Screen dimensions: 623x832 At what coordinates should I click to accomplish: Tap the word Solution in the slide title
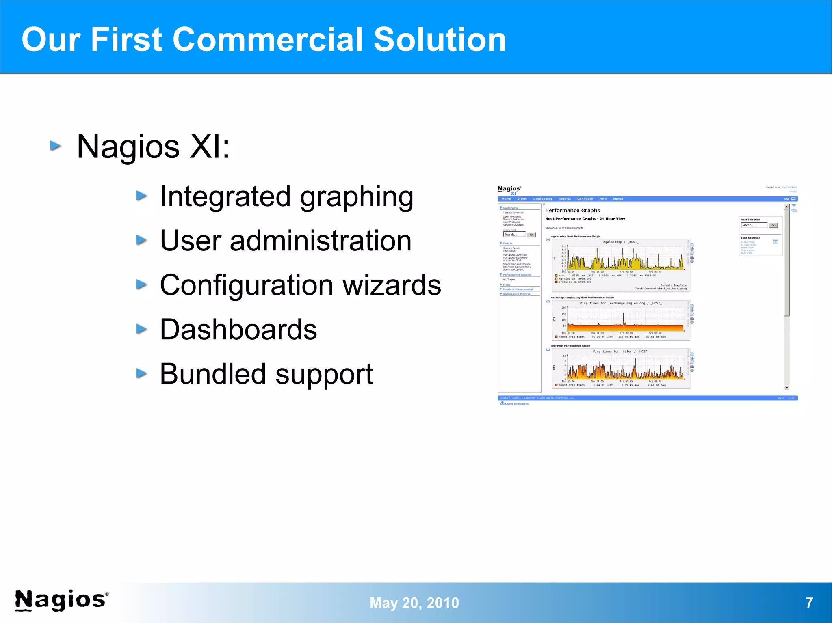(x=440, y=39)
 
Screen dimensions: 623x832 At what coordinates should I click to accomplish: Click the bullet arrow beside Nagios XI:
(x=56, y=146)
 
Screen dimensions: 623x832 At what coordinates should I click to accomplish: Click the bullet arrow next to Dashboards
(x=141, y=329)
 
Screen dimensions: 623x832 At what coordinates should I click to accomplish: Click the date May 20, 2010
(x=414, y=603)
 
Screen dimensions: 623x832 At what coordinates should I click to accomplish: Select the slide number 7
(x=809, y=603)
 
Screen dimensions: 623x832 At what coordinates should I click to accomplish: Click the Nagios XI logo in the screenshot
(x=509, y=190)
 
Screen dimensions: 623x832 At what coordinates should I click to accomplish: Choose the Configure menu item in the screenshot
(x=585, y=199)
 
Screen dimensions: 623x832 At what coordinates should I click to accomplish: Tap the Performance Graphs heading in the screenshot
(x=572, y=210)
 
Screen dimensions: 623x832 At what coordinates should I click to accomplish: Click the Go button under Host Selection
(x=773, y=225)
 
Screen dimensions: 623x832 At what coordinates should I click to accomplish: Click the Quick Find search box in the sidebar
(x=514, y=235)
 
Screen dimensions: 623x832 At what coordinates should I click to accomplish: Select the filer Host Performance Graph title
(x=570, y=346)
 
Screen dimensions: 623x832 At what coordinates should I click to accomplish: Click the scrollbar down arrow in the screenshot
(x=786, y=388)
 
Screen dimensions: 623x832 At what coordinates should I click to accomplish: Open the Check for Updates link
(x=516, y=404)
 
